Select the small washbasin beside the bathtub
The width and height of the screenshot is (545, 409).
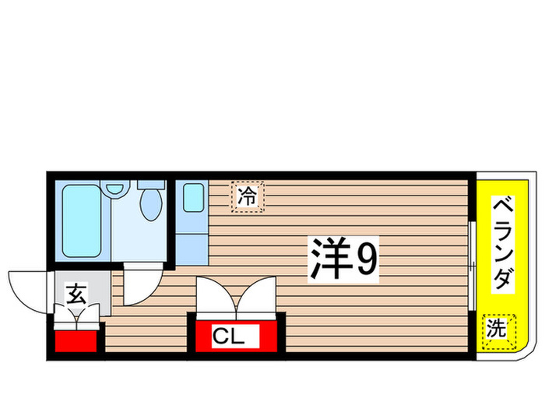pyautogui.click(x=117, y=189)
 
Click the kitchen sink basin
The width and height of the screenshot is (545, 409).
pyautogui.click(x=193, y=198)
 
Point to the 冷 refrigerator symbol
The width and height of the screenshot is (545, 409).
pyautogui.click(x=248, y=196)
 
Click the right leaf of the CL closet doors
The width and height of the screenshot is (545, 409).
pyautogui.click(x=257, y=297)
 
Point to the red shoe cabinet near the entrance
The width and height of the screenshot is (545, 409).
pyautogui.click(x=78, y=340)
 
